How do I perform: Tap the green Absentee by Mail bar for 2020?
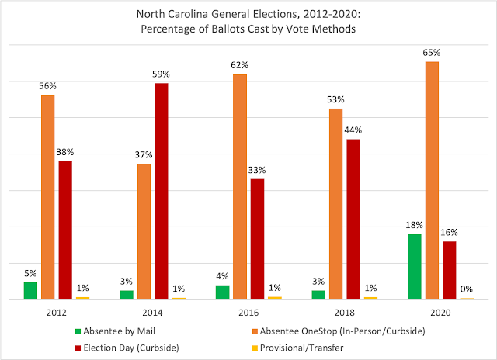coord(415,266)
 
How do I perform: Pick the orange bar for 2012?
coord(48,196)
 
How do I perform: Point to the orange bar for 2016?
coord(240,186)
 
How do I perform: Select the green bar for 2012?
coord(31,290)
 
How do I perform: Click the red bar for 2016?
coord(257,239)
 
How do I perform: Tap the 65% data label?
coord(433,54)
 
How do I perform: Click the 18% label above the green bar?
coord(415,226)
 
